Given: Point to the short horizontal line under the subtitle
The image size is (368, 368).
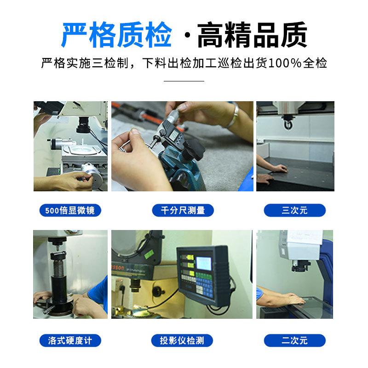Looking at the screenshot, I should coord(184,81).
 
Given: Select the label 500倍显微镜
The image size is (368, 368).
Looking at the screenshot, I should coord(70,211).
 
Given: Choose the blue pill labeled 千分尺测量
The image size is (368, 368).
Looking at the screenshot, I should coord(183,211).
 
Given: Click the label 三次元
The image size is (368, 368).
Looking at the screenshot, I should coord(294,211).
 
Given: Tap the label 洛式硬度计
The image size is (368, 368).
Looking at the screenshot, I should coord(70,340).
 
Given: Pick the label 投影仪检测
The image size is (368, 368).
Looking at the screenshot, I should coord(183,340).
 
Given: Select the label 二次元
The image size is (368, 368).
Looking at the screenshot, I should coord(294,340).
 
